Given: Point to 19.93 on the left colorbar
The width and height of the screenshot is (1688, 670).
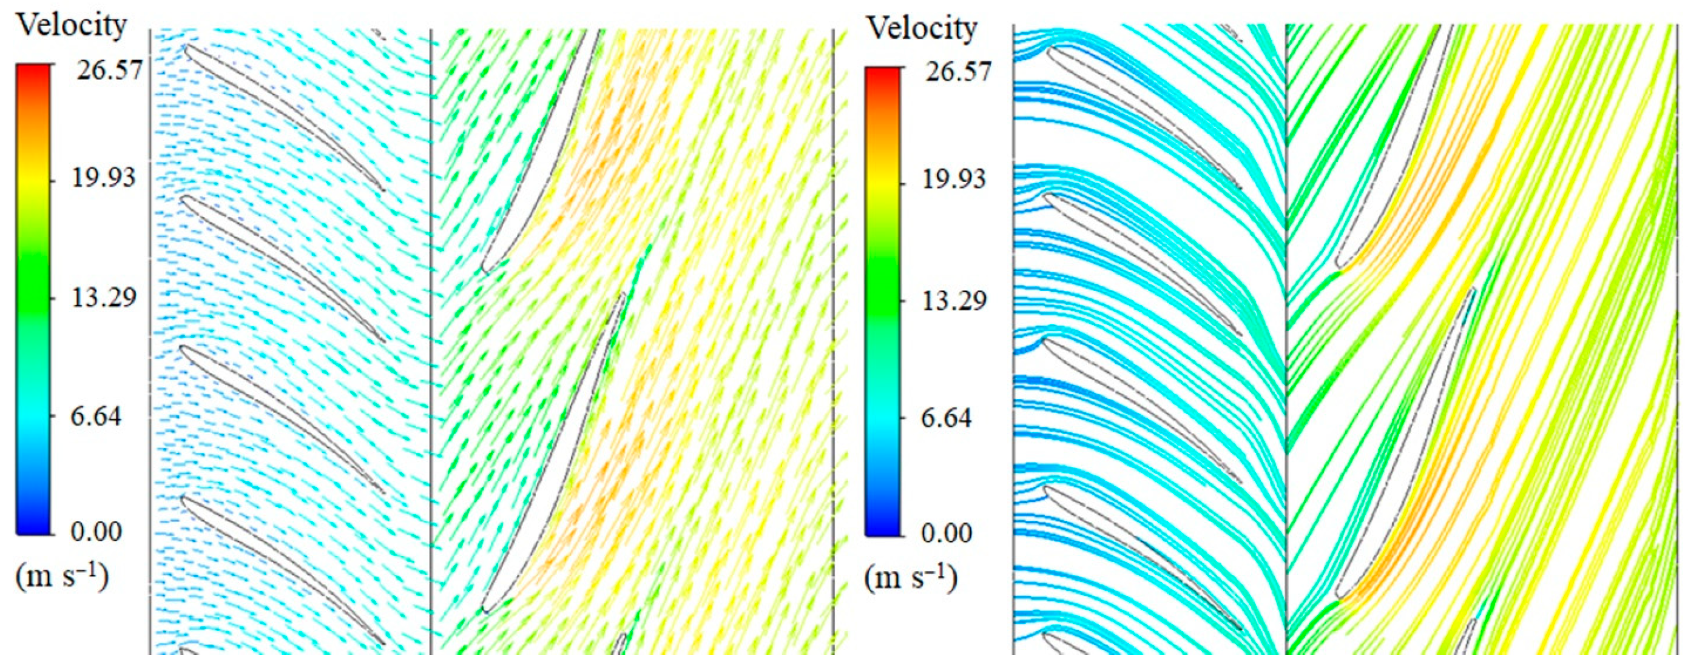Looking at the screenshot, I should pos(104,178).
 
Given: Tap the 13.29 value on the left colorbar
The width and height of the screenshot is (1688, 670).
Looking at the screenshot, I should pos(104,298).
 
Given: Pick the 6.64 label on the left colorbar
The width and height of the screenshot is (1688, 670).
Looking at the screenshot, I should pos(96,417).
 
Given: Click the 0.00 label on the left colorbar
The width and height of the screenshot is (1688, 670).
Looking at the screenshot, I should pos(96,531).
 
